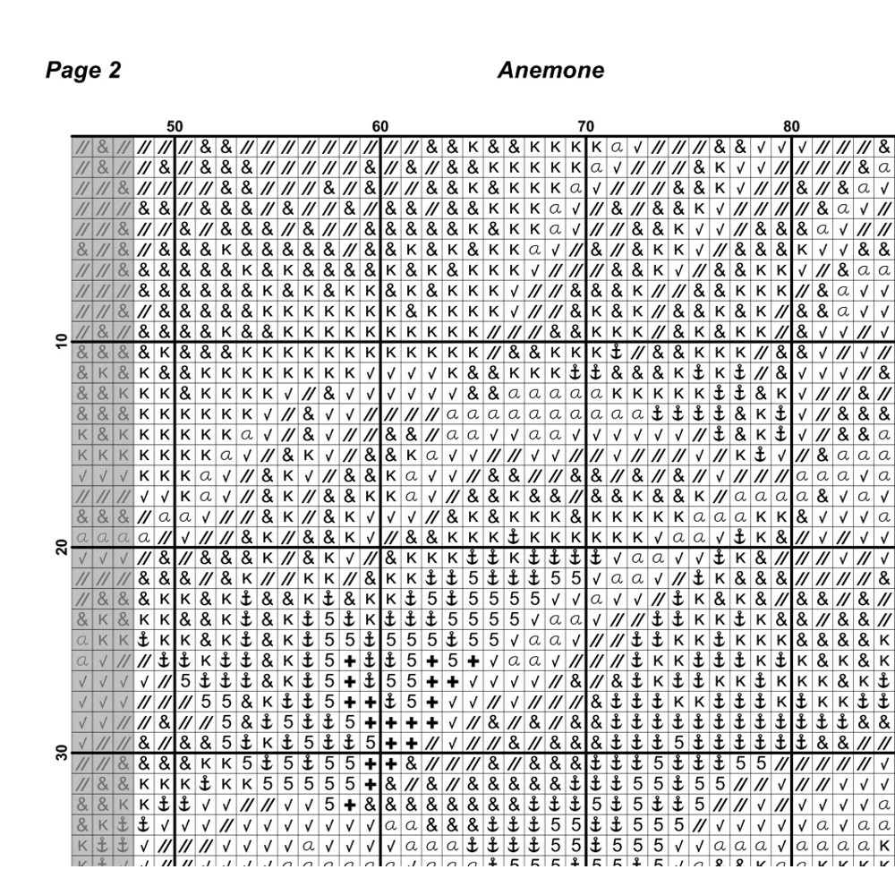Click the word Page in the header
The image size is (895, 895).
coord(72,71)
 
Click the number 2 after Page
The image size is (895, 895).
coord(114,71)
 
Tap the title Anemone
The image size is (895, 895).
coord(550,71)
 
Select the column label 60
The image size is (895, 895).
coord(380,127)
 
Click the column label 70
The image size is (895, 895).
coord(586,127)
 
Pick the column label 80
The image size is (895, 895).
coord(792,127)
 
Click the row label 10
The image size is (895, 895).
coord(61,341)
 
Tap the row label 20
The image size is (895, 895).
coord(61,547)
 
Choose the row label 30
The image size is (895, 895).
coord(61,753)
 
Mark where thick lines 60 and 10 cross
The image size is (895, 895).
coord(381,341)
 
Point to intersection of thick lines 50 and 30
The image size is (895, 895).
coord(175,753)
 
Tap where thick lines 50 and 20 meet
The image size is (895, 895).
coord(175,547)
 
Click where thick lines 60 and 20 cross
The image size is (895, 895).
coord(381,547)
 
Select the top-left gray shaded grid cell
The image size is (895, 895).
coord(82,146)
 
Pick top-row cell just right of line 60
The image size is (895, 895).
coord(391,146)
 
